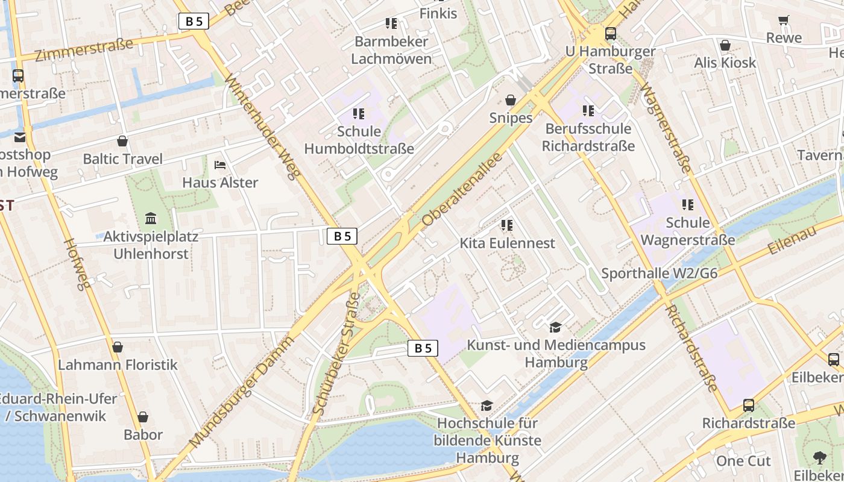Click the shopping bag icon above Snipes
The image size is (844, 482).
coord(511,100)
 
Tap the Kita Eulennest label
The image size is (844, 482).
coord(507,243)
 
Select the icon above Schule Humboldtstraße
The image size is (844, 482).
coord(359,114)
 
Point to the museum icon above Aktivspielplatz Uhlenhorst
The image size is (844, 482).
coord(151,218)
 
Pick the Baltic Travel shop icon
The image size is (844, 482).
coord(122,142)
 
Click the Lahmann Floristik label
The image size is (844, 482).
coord(118,365)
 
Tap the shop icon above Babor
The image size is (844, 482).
coord(143,417)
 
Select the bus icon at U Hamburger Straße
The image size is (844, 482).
coord(610,34)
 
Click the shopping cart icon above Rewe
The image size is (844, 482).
coord(784,20)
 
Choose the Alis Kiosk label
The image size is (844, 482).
coord(725,63)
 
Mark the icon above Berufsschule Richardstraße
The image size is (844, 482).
coord(588,111)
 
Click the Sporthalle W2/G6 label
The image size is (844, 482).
coord(660,274)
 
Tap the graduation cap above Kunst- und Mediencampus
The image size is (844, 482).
coord(555,327)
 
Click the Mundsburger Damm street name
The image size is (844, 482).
coord(241,392)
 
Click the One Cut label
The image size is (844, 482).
coord(743,461)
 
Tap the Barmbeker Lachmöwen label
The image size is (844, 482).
coord(391,50)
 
